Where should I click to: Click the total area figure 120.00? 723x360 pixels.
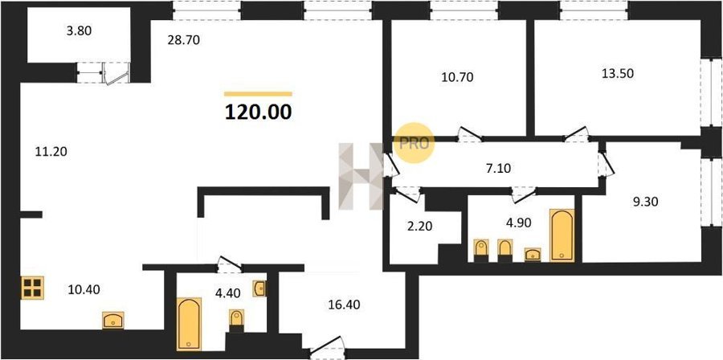coord(258,112)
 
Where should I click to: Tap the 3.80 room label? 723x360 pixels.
coord(80,31)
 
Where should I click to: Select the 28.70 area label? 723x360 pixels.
coord(183,40)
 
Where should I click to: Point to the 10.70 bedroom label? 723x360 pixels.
coord(457,77)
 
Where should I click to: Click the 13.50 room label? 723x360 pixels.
coord(618,73)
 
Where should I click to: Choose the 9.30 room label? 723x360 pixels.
coord(646,201)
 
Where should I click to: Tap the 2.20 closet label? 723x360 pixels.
coord(419,227)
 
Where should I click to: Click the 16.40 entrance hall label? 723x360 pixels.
coord(345,305)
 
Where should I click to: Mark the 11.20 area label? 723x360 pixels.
coord(51,151)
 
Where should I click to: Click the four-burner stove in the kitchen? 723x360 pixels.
coord(32,288)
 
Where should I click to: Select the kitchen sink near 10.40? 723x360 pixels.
coord(113,321)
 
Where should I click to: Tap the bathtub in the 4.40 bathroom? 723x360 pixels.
coord(189,324)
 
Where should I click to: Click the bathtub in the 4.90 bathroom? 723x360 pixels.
coord(562,235)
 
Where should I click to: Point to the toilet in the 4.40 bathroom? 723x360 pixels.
coord(236,321)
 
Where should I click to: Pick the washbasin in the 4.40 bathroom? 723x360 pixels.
coord(259,288)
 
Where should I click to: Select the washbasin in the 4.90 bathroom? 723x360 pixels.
coord(533,255)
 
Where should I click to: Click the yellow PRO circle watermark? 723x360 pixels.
coord(414,143)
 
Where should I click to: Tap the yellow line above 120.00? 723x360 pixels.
coord(258,94)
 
